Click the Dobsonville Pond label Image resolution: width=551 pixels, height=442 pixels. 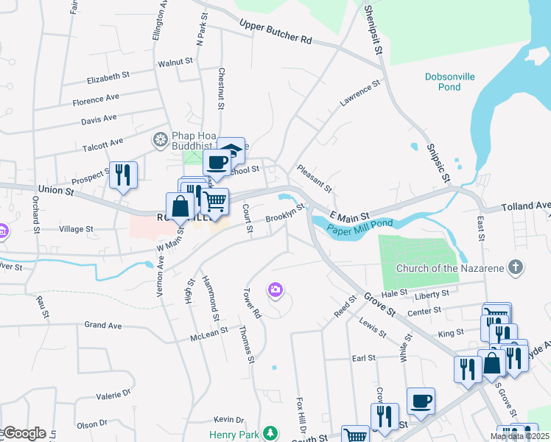coord(449,82)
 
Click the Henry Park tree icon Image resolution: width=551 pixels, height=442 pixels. coord(272,432)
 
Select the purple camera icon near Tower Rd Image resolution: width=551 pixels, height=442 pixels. coord(276,291)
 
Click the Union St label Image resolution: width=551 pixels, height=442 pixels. coord(56,191)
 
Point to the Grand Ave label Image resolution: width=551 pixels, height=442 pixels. coord(102,324)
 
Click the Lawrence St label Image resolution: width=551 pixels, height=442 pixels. coord(359,95)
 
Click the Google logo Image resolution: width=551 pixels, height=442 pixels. coord(24,433)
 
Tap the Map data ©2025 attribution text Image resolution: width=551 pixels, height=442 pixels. coord(519,436)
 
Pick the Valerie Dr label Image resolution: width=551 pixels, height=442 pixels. coord(113,395)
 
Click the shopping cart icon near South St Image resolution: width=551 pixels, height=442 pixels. coord(356,435)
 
